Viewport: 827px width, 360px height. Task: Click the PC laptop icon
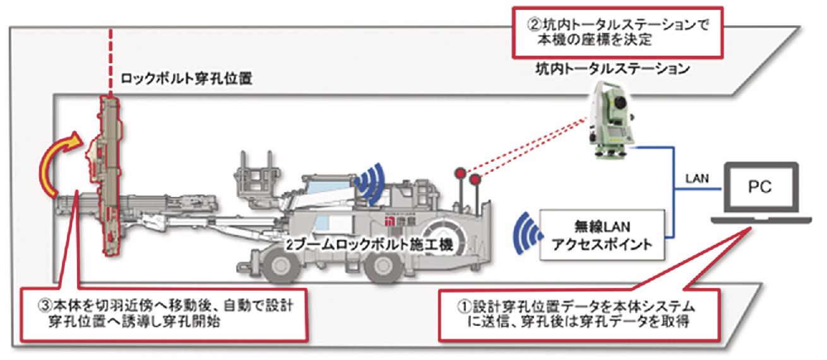761,193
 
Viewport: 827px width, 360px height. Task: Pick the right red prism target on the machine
476,180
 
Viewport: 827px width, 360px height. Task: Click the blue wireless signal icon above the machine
371,183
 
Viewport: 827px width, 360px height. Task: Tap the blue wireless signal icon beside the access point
526,235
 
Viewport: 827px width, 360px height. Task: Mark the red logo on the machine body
393,222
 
